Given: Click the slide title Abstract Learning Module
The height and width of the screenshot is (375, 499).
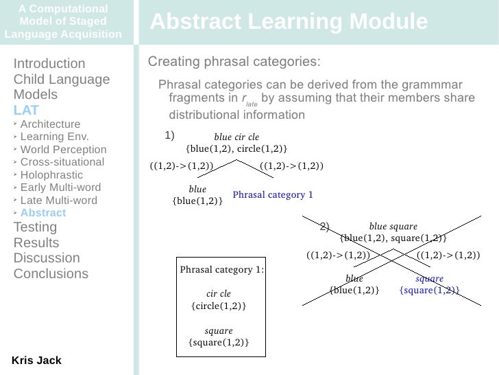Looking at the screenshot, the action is pyautogui.click(x=289, y=23).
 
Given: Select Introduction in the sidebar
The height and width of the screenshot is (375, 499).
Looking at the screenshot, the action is pyautogui.click(x=49, y=64).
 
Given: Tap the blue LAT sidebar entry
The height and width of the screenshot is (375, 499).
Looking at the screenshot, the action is pyautogui.click(x=26, y=110).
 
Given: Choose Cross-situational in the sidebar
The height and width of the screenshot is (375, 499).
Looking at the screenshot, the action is pyautogui.click(x=62, y=162).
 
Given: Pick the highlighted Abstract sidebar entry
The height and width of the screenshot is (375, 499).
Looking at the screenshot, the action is pyautogui.click(x=43, y=213).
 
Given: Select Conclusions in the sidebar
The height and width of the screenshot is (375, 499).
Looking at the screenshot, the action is pyautogui.click(x=51, y=273).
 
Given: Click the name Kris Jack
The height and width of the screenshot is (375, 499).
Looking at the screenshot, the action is pyautogui.click(x=36, y=361).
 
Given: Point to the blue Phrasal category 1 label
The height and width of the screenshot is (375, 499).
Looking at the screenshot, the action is pyautogui.click(x=273, y=195).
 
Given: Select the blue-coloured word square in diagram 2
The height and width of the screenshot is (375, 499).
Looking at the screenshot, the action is pyautogui.click(x=429, y=279).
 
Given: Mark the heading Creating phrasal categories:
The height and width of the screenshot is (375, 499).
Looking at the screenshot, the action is pyautogui.click(x=234, y=62).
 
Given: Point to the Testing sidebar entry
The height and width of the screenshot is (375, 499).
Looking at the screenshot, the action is pyautogui.click(x=36, y=227).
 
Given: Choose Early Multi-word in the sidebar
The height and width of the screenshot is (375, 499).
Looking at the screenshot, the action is pyautogui.click(x=60, y=187).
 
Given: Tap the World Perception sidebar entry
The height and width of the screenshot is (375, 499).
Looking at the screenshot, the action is pyautogui.click(x=62, y=150).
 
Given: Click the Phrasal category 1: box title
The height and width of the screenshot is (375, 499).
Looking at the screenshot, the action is pyautogui.click(x=221, y=270).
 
